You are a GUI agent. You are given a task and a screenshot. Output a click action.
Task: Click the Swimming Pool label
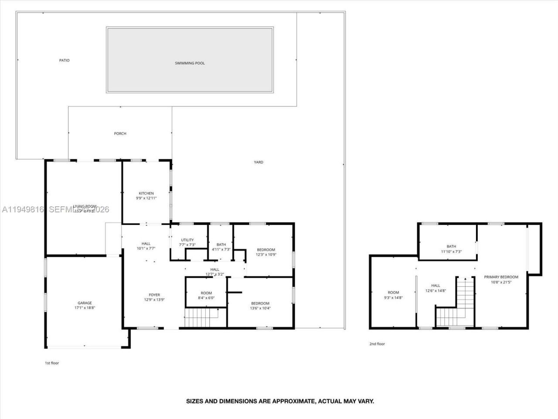pyautogui.click(x=190, y=63)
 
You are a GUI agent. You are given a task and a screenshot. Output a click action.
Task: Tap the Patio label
pyautogui.click(x=64, y=60)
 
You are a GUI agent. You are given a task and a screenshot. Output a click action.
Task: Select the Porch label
pyautogui.click(x=120, y=134)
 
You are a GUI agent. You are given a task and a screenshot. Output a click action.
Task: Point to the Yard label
pyautogui.click(x=259, y=162)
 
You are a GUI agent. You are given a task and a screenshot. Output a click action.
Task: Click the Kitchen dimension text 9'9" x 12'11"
pyautogui.click(x=146, y=198)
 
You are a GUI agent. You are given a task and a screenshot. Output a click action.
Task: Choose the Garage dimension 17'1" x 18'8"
pyautogui.click(x=85, y=308)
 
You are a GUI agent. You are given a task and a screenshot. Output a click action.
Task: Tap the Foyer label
pyautogui.click(x=154, y=295)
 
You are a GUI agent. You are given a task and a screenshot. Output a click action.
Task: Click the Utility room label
pyautogui.click(x=187, y=240)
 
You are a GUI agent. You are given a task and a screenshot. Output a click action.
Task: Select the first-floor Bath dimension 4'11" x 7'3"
pyautogui.click(x=221, y=250)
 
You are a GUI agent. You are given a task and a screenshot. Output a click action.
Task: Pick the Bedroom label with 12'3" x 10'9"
pyautogui.click(x=266, y=250)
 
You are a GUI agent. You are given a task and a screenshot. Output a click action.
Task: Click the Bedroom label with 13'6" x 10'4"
pyautogui.click(x=260, y=303)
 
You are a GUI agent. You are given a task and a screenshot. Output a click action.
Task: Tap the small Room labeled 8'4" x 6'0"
pyautogui.click(x=206, y=293)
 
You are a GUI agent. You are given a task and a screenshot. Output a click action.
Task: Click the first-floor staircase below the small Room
pyautogui.click(x=201, y=317)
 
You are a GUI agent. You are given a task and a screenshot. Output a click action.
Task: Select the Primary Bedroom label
pyautogui.click(x=501, y=277)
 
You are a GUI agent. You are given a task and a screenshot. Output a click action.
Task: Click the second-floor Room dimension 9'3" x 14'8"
pyautogui.click(x=393, y=298)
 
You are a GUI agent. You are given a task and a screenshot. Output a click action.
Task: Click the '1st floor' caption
pyautogui.click(x=51, y=363)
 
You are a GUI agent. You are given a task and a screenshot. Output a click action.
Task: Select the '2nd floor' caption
pyautogui.click(x=377, y=344)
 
